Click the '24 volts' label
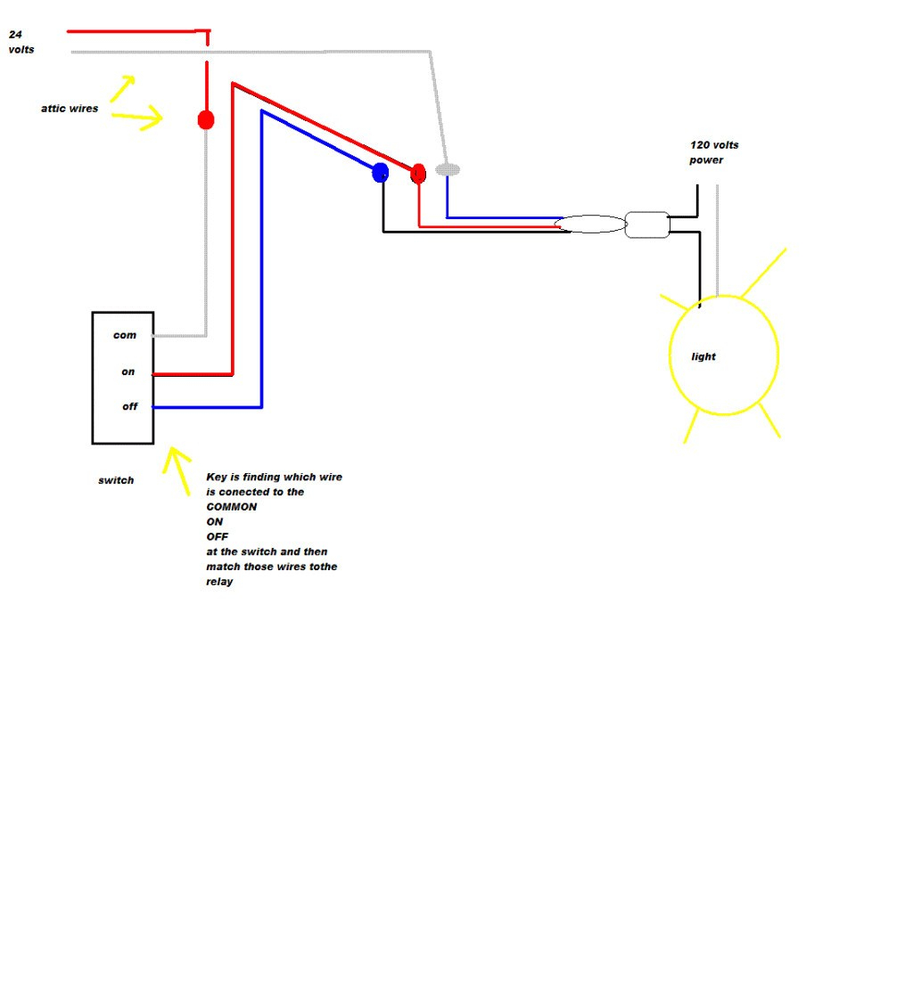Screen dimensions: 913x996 (x=21, y=42)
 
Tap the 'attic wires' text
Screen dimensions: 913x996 (x=70, y=109)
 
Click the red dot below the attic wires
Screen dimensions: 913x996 (x=206, y=119)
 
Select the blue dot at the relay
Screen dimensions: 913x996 (x=380, y=173)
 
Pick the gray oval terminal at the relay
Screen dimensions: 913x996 (x=448, y=169)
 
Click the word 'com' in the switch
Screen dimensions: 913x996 (x=125, y=335)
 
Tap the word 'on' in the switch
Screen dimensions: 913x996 (x=127, y=371)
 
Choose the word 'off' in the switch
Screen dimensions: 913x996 (x=129, y=406)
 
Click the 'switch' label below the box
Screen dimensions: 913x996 (x=116, y=480)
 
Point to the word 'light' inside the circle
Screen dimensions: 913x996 (x=703, y=357)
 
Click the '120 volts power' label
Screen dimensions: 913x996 (x=714, y=152)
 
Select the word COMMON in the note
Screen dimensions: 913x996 (x=232, y=507)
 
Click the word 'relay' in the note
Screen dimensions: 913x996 (x=219, y=582)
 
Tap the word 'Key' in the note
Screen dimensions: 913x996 (x=217, y=477)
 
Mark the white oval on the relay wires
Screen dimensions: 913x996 (x=590, y=224)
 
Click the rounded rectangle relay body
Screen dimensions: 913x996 (x=647, y=225)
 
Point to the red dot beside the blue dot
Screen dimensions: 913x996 (x=418, y=174)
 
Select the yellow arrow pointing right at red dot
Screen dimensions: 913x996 (x=137, y=117)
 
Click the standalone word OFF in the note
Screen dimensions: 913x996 (x=217, y=536)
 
